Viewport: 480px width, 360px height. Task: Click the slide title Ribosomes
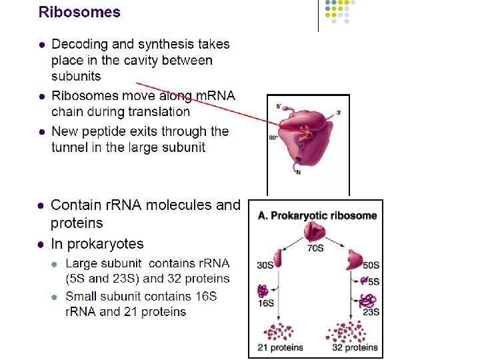tap(79, 12)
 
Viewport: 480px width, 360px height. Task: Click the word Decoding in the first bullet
tap(80, 45)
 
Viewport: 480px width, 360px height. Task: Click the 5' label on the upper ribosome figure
tap(279, 107)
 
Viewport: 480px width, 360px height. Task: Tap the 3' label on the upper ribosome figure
tap(339, 113)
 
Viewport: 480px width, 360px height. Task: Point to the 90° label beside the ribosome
tap(273, 138)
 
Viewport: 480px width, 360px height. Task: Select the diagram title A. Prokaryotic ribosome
tap(317, 216)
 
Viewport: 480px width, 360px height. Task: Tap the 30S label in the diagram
tap(265, 265)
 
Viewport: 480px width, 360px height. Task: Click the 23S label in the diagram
tap(371, 311)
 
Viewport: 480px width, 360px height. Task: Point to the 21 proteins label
tap(280, 347)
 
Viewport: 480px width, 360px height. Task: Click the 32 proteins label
tap(355, 347)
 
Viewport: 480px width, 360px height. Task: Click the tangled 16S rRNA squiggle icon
tap(265, 291)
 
